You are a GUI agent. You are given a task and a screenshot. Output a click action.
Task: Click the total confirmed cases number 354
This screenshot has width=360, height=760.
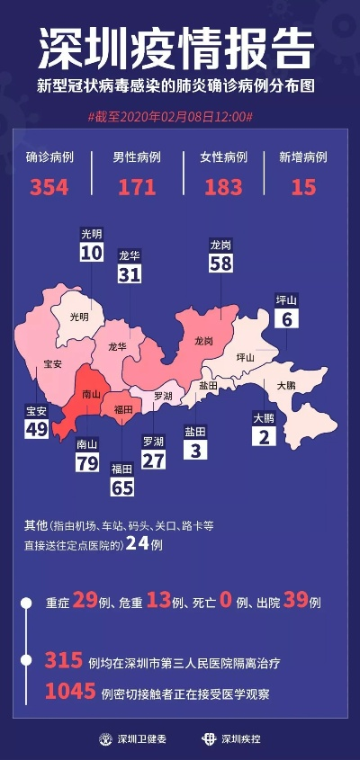click(x=49, y=187)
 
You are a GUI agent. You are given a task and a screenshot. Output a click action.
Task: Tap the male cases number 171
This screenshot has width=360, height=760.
click(x=136, y=187)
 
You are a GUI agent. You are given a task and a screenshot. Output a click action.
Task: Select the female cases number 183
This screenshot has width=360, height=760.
click(x=222, y=187)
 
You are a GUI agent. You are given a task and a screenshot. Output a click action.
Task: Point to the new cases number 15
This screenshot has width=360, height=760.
click(x=303, y=187)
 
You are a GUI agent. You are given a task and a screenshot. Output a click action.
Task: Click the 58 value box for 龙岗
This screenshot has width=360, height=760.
click(x=221, y=263)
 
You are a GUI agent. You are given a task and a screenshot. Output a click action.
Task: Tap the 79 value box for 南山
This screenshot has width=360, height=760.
click(x=87, y=462)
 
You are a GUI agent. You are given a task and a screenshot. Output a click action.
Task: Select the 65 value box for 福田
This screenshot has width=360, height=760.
click(x=121, y=487)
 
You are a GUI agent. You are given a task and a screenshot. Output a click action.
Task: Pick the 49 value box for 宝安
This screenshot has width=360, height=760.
click(x=36, y=430)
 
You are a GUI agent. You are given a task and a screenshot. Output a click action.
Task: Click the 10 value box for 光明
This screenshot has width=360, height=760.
click(x=91, y=253)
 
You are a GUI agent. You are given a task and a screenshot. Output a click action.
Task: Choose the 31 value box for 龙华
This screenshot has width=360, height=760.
click(x=130, y=274)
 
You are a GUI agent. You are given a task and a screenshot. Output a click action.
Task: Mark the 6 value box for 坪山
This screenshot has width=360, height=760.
click(x=287, y=318)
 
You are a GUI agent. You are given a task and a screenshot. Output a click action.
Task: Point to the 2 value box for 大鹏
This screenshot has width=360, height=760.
click(x=263, y=437)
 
